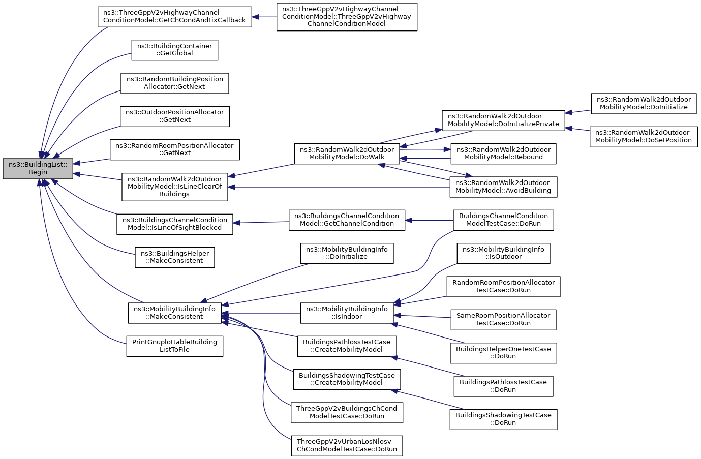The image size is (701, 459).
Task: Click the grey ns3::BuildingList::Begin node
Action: (38, 169)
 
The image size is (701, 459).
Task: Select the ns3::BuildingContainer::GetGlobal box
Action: (175, 50)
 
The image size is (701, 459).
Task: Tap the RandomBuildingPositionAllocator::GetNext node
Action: (175, 83)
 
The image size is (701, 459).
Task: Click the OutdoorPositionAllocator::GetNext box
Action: (175, 116)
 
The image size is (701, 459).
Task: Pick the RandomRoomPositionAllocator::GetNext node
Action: (175, 149)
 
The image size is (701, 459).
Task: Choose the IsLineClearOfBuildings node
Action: (175, 187)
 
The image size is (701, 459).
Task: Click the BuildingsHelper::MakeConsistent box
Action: (175, 257)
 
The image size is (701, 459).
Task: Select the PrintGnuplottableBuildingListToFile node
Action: (175, 346)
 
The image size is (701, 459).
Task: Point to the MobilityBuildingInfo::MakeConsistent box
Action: (175, 313)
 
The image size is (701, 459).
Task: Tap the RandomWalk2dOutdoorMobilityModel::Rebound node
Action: (503, 154)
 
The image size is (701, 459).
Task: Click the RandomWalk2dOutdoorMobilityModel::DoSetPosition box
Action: (644, 137)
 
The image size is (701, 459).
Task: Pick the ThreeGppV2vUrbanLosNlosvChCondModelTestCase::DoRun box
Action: (347, 446)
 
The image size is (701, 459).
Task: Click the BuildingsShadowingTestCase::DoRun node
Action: (503, 419)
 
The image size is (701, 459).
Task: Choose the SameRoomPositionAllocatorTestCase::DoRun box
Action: (503, 320)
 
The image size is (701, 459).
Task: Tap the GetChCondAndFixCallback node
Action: (175, 17)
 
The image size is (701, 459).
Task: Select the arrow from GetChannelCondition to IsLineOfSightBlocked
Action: (261, 222)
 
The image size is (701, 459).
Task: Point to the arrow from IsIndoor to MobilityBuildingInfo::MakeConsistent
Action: (261, 313)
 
